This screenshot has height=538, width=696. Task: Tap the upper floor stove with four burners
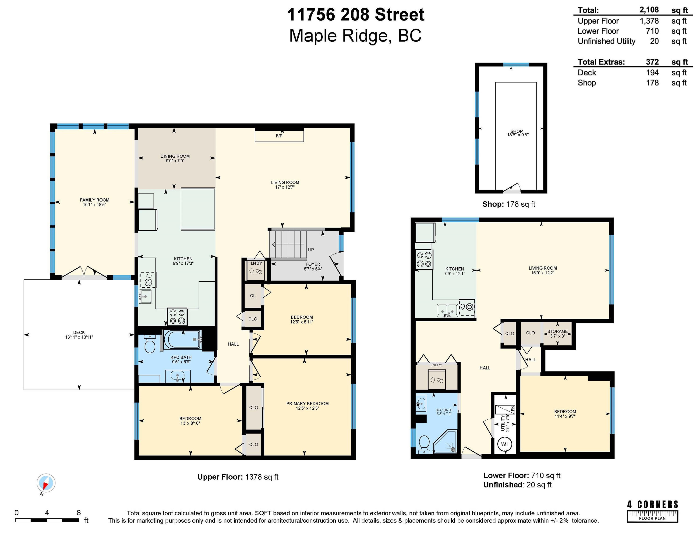tap(177, 317)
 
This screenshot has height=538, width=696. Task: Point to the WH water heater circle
tap(505, 444)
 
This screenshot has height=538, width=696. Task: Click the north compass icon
tap(46, 483)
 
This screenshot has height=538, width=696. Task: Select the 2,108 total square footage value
tap(649, 10)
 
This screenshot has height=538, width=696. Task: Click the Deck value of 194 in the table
tap(652, 73)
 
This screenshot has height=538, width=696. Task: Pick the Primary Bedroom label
tap(307, 403)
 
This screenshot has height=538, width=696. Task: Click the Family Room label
tap(95, 200)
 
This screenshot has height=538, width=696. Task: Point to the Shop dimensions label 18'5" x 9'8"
tap(518, 135)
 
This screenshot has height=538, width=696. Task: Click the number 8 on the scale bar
tap(79, 513)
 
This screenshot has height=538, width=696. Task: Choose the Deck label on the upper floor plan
tap(79, 333)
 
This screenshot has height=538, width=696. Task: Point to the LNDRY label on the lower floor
tap(436, 365)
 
